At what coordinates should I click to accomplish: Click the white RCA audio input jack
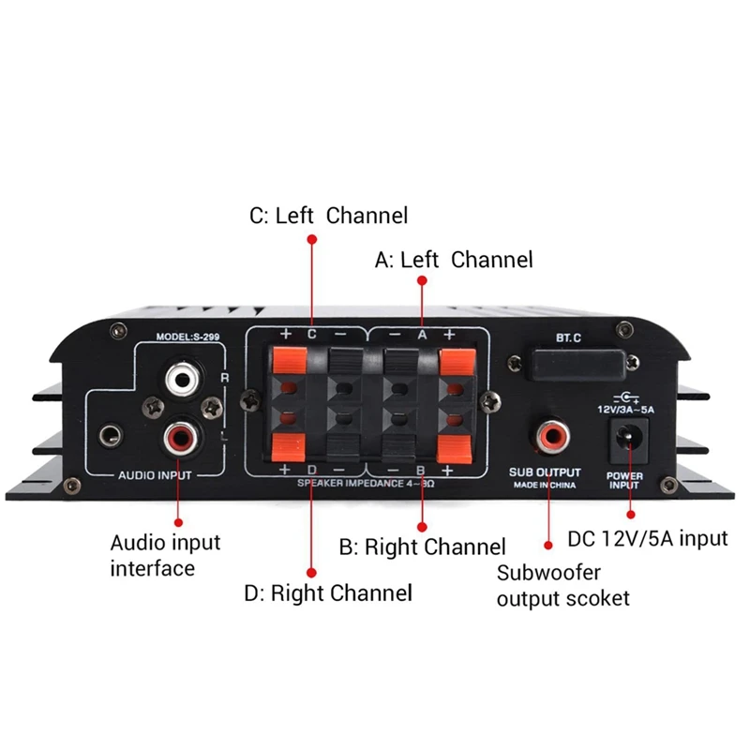[x=179, y=380]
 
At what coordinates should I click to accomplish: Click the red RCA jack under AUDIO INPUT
[x=179, y=434]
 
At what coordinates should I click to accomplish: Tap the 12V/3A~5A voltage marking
[x=625, y=410]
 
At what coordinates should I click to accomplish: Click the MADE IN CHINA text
[x=545, y=487]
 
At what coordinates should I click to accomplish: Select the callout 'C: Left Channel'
[x=328, y=216]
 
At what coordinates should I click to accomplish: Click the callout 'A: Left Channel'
[x=454, y=260]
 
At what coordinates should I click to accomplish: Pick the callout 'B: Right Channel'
[x=422, y=547]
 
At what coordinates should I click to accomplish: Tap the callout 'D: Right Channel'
[x=328, y=593]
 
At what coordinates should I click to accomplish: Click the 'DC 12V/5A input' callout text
[x=648, y=539]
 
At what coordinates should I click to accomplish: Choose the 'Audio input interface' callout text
[x=165, y=555]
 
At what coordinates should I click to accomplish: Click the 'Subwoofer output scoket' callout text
[x=562, y=585]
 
